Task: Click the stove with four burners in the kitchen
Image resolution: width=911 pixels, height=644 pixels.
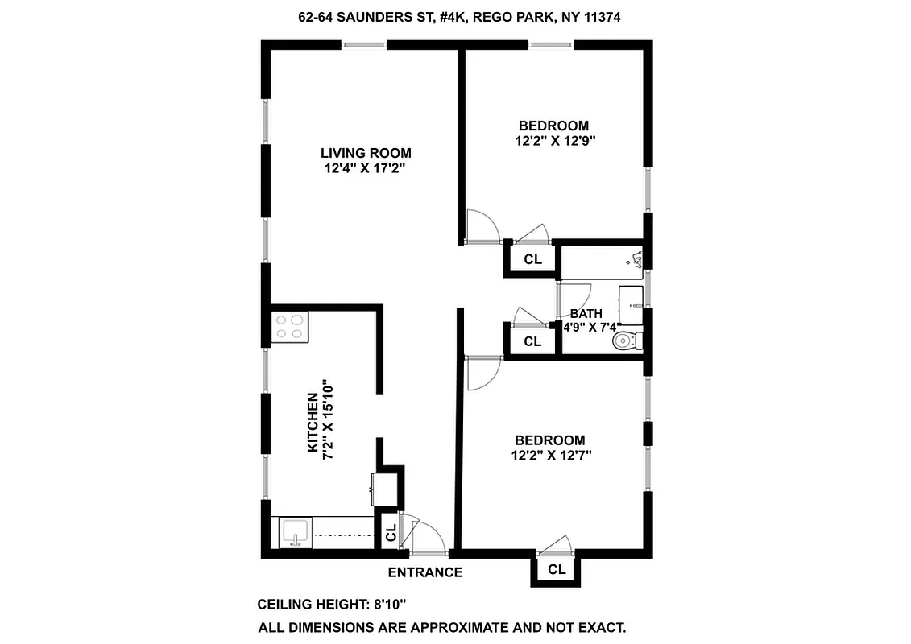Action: [290, 327]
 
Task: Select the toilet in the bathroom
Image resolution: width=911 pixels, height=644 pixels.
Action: [627, 341]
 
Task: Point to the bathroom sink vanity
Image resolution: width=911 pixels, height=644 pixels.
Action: [631, 305]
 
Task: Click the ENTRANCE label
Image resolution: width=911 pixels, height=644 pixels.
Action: [425, 573]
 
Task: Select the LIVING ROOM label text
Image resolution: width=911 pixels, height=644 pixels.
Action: [366, 153]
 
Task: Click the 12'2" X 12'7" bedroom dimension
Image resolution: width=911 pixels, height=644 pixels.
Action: [552, 456]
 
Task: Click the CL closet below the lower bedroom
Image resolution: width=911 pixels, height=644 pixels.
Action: [557, 570]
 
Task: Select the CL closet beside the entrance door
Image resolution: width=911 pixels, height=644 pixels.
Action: [391, 533]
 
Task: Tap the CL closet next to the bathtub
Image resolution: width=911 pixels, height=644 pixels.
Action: [532, 259]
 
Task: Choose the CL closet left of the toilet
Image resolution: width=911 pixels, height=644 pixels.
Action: [532, 341]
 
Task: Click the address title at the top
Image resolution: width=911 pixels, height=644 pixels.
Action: [455, 16]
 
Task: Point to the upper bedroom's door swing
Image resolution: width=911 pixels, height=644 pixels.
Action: [483, 227]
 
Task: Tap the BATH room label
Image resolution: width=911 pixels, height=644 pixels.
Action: [586, 313]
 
